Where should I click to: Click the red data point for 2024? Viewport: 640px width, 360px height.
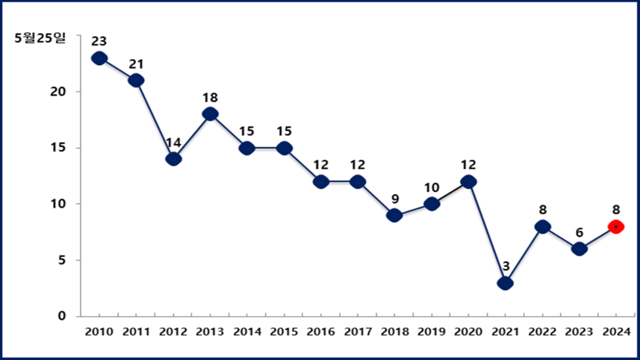click(x=616, y=226)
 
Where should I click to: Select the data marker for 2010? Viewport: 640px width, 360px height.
click(x=99, y=58)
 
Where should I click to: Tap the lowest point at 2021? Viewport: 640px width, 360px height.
click(x=505, y=283)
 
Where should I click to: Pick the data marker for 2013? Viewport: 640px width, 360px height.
click(x=210, y=114)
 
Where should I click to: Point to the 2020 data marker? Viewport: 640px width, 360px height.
click(x=468, y=181)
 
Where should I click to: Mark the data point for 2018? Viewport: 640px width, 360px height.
click(x=394, y=215)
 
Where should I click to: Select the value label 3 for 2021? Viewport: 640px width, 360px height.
click(x=505, y=266)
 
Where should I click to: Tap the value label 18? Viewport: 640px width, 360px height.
click(x=210, y=98)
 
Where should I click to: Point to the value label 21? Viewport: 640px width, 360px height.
click(x=136, y=64)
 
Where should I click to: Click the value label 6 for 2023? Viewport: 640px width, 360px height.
click(x=579, y=232)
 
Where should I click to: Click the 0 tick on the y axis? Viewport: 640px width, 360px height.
click(x=63, y=316)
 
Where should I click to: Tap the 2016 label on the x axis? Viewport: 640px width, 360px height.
click(x=320, y=331)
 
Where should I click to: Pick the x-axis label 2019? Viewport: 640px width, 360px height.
click(x=431, y=331)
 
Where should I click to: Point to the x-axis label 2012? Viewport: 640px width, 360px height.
click(x=173, y=331)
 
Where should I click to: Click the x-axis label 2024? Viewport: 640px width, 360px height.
click(x=616, y=331)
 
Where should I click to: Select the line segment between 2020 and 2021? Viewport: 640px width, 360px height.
click(x=486, y=232)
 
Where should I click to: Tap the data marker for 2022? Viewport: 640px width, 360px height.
click(x=542, y=226)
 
